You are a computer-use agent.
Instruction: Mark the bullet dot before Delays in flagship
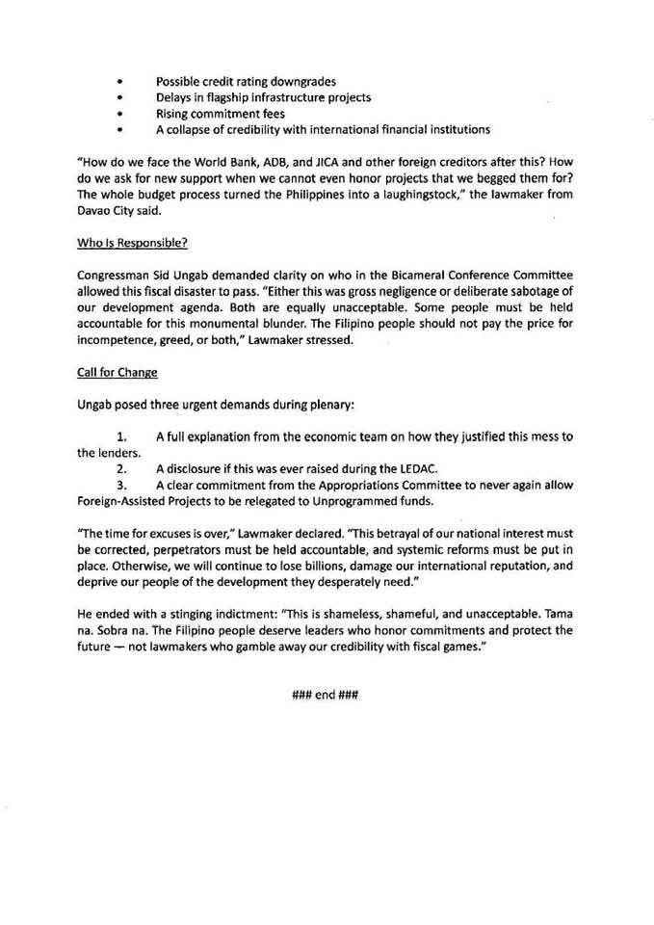click(119, 97)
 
